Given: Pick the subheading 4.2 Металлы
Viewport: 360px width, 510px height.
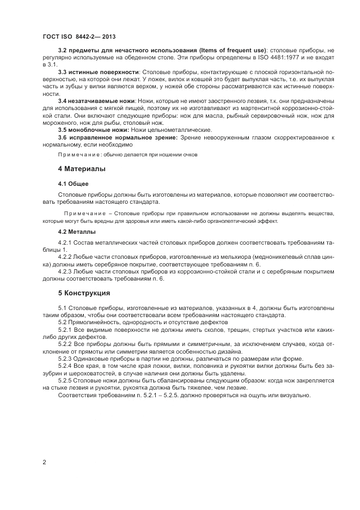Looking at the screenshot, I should [77, 232].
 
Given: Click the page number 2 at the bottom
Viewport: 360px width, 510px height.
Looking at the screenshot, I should [44, 462].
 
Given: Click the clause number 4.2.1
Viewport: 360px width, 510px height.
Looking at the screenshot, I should [65, 242].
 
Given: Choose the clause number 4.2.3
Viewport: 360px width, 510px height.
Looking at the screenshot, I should [65, 271].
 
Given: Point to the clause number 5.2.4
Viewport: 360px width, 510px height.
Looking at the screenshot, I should [65, 366].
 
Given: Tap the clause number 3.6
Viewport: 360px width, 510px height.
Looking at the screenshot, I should [62, 137].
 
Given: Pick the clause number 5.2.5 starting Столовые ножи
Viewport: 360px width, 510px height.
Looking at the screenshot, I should [65, 380].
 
